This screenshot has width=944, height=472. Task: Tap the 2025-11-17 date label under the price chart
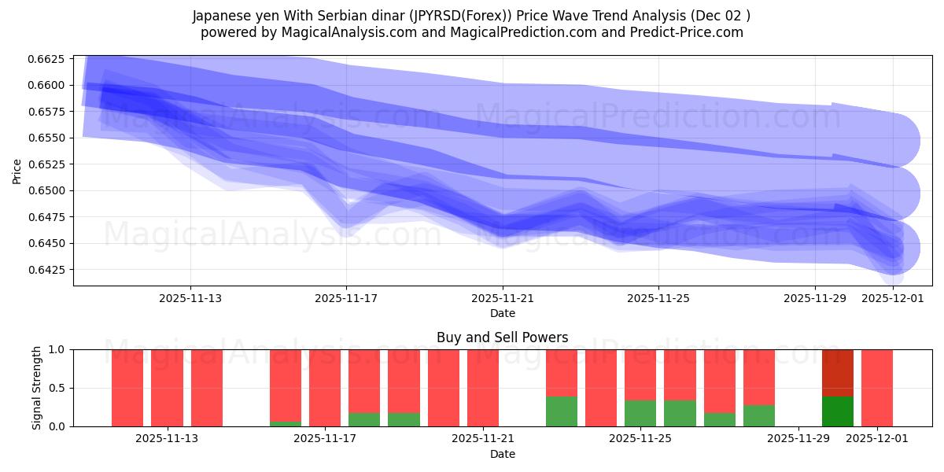pos(347,299)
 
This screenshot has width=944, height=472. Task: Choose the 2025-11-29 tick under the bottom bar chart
pos(798,439)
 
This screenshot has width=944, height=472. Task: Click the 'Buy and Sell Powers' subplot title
pos(502,337)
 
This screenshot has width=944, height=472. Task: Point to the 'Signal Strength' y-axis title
pos(37,388)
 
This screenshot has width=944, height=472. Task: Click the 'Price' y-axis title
pos(17,170)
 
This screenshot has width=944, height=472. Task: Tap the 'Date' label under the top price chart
pos(502,313)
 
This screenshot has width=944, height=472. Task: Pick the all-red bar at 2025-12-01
pos(877,388)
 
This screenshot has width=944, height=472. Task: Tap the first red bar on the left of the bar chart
pos(127,388)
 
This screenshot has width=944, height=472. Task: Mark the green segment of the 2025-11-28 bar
pos(759,415)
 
